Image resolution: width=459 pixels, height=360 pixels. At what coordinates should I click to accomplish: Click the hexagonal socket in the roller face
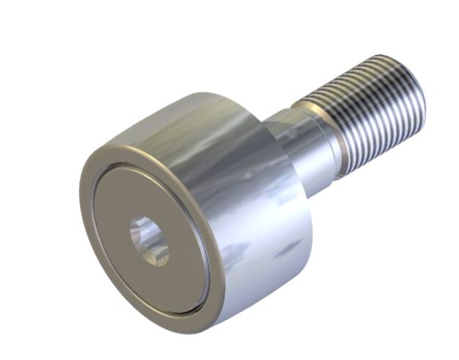point(150,240)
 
